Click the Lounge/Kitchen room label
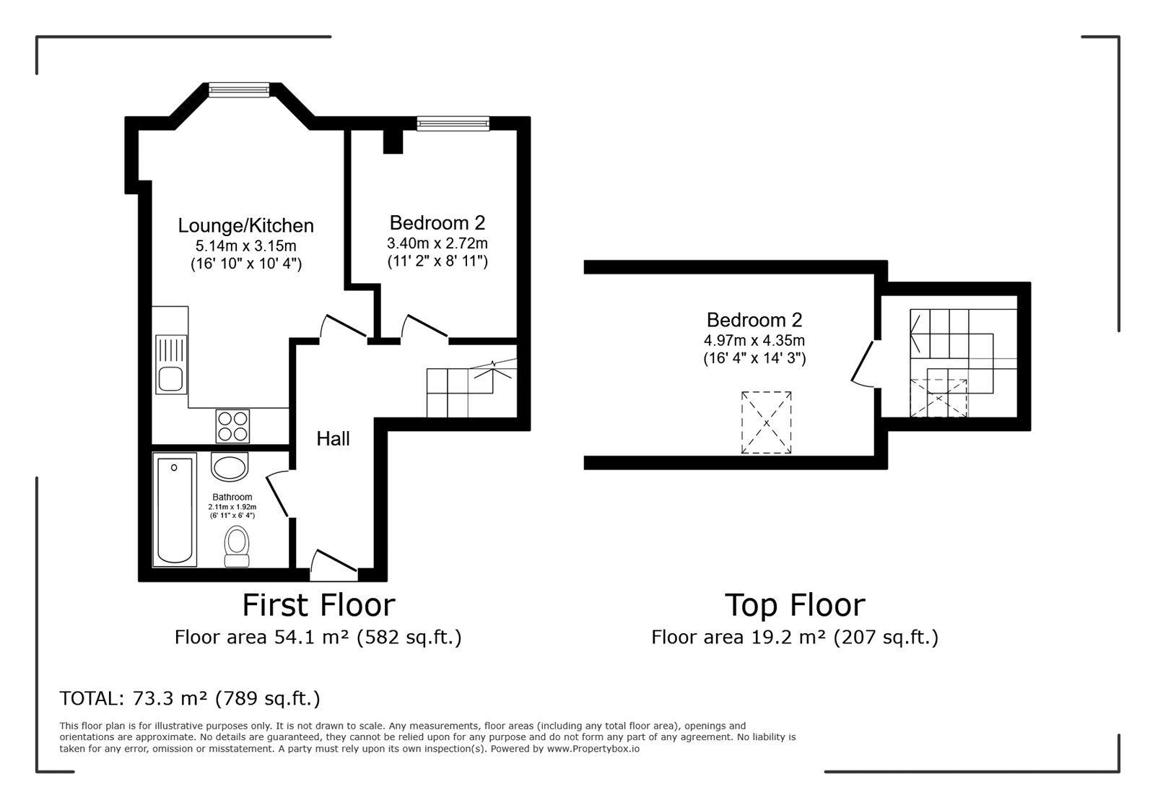[246, 226]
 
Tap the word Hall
[333, 439]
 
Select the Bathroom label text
[232, 497]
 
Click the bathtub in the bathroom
[175, 510]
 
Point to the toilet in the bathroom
[237, 547]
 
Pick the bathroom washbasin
[230, 467]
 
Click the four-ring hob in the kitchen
[232, 427]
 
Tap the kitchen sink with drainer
[171, 364]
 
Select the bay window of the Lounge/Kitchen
[239, 90]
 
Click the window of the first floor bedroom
[453, 123]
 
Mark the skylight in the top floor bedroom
[766, 423]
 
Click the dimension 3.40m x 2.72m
[437, 243]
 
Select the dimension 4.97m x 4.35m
[754, 340]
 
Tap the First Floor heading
[318, 605]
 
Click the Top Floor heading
[795, 605]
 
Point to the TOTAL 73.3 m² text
[190, 698]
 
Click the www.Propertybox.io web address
[593, 749]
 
